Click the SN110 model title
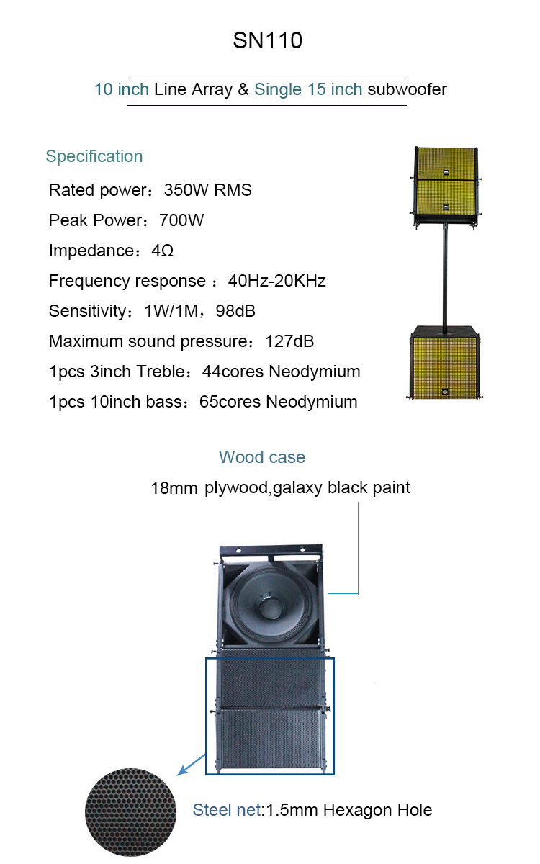tap(268, 40)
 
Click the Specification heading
tap(94, 157)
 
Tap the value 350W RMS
tap(207, 190)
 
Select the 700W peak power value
tap(181, 220)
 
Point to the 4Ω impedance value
tap(163, 251)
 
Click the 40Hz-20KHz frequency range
tap(277, 281)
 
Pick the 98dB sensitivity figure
tap(235, 311)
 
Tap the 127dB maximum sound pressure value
tap(289, 341)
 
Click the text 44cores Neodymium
tap(282, 372)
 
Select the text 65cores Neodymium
tap(278, 402)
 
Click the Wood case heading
tap(262, 457)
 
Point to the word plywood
tap(236, 488)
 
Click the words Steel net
tap(228, 810)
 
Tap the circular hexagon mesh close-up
tap(131, 812)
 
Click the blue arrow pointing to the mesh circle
tap(192, 765)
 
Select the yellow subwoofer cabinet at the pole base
tap(445, 363)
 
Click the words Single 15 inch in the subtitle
tap(308, 89)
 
